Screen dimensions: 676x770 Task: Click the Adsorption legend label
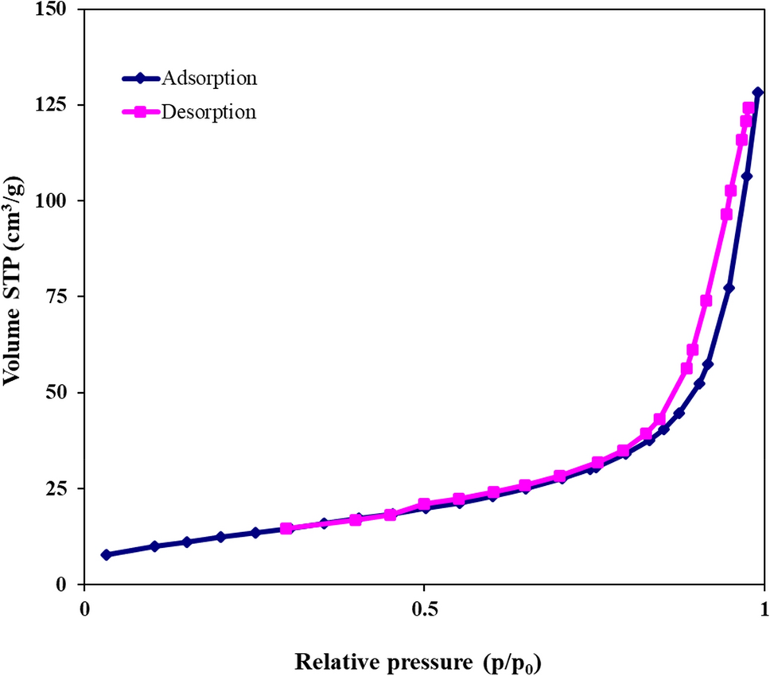[x=208, y=78]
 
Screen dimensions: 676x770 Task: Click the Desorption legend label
[x=208, y=111]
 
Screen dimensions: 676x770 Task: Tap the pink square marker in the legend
[x=140, y=111]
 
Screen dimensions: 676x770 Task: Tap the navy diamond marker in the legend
[x=140, y=78]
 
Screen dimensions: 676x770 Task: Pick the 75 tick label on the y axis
[x=57, y=297]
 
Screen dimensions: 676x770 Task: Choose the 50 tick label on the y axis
[x=57, y=392]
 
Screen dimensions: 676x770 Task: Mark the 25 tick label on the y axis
[x=57, y=488]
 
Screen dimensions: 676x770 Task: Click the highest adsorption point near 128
[x=758, y=92]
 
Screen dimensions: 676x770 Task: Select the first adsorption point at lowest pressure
[x=106, y=554]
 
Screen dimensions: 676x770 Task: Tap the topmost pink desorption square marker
[x=749, y=107]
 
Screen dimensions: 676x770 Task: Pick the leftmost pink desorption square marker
[x=287, y=528]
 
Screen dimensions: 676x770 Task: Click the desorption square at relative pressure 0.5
[x=424, y=504]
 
